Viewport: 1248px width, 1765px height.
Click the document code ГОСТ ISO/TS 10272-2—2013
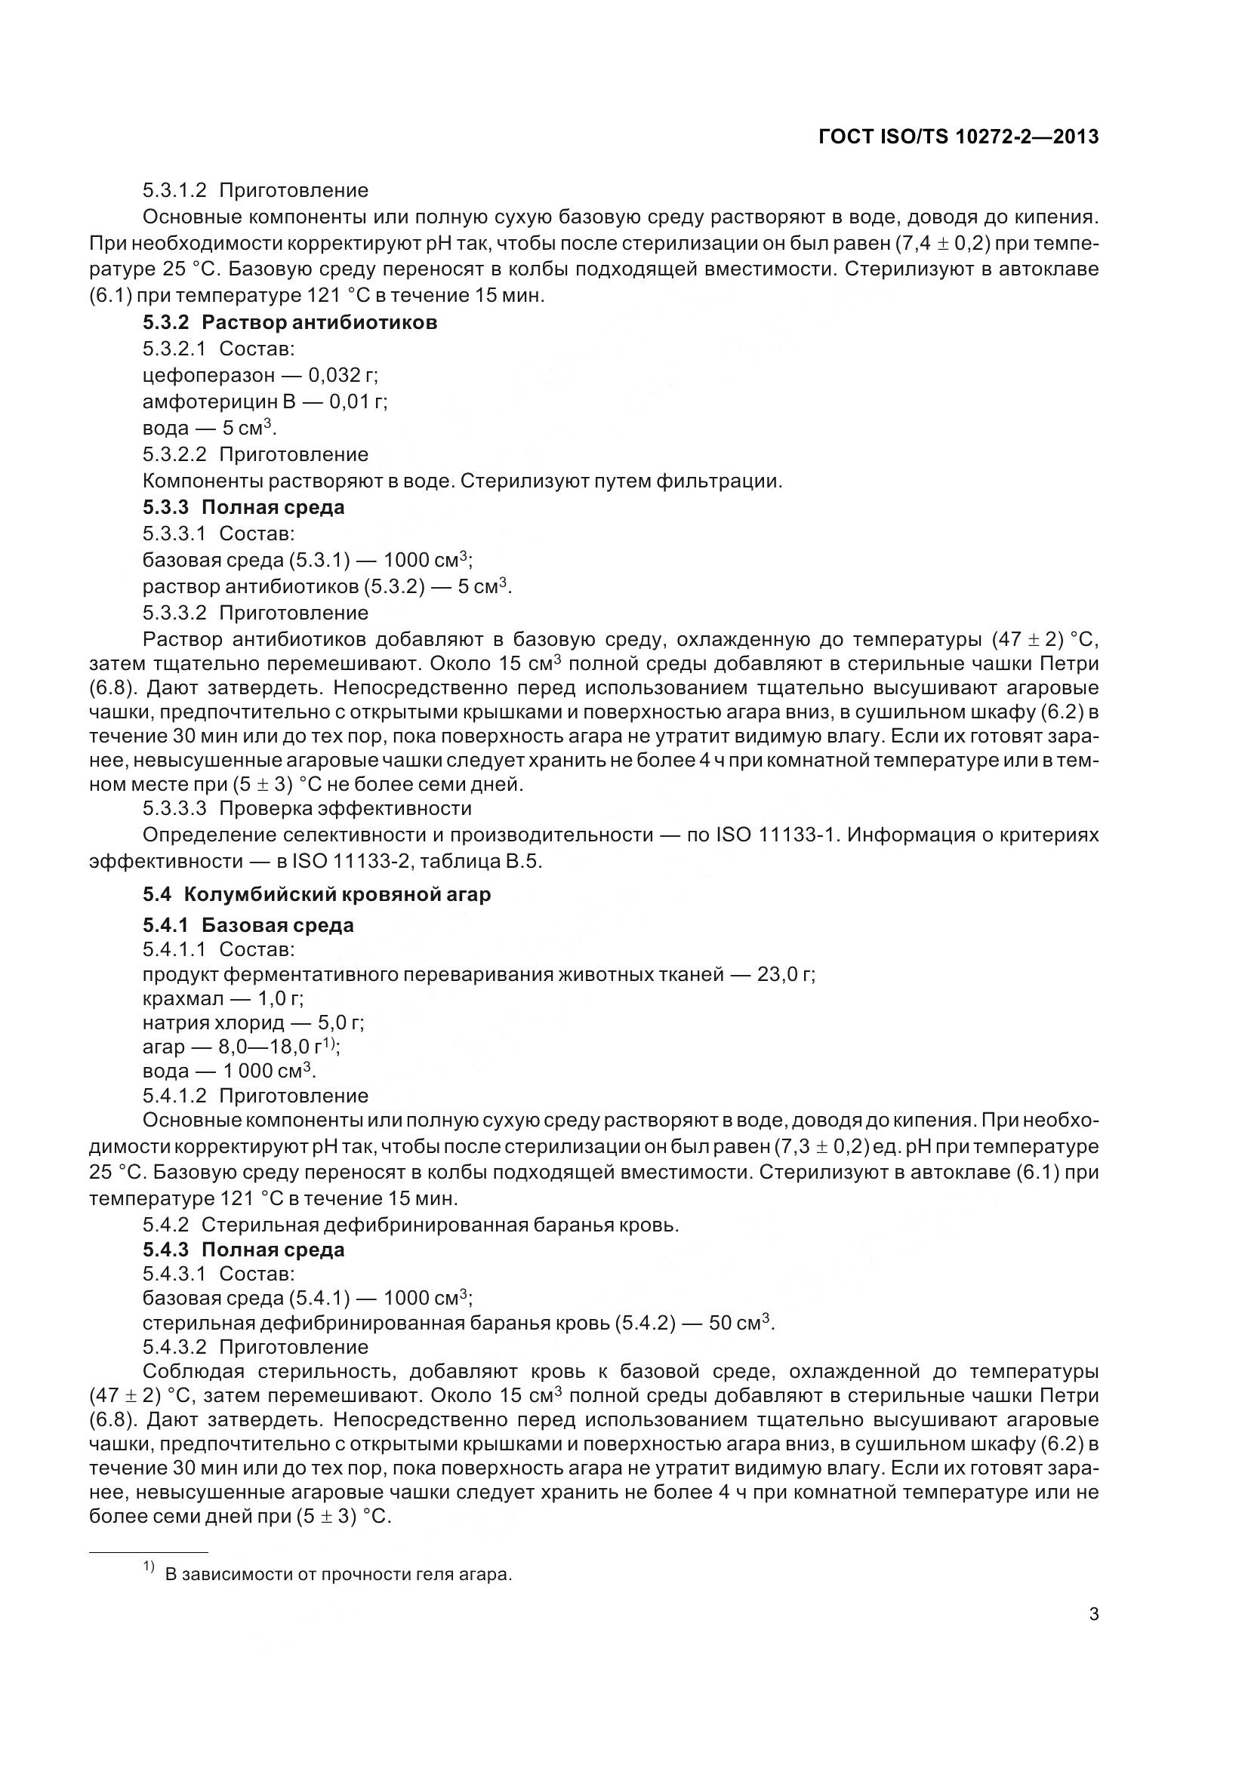pos(958,137)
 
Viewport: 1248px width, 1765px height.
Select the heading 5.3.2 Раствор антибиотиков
pos(290,322)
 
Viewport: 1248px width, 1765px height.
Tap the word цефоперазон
pos(208,375)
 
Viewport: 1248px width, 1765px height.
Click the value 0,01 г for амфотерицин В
pos(359,401)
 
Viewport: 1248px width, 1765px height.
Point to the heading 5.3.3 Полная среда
pos(243,507)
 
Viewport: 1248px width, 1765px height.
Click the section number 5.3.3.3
pos(174,808)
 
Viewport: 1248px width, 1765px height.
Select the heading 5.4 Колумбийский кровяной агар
pos(316,895)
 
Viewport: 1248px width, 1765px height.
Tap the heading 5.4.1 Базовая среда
pos(248,925)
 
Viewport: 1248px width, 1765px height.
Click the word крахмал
pos(183,998)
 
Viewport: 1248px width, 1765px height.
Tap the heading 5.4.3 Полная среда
pos(243,1250)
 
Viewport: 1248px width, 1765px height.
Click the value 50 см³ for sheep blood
pos(741,1323)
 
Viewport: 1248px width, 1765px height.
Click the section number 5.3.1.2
pos(174,190)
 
